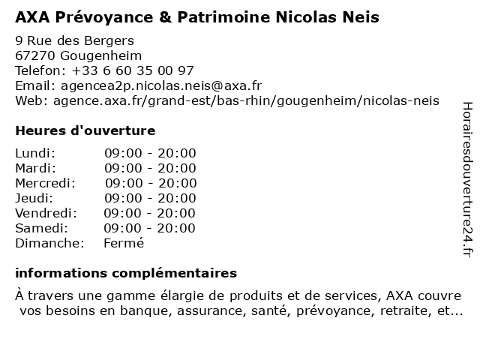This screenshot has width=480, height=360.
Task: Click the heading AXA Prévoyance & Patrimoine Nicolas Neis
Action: pos(197,16)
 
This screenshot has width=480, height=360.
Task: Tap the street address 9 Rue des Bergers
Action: pos(74,40)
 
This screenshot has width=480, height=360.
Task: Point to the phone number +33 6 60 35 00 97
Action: pos(133,70)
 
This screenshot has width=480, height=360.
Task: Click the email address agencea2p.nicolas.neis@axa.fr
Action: pos(160,85)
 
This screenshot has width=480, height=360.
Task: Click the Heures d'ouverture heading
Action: pos(85,130)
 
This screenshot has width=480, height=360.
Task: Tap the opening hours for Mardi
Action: pos(150,168)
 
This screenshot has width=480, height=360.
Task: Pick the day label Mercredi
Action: pos(45,183)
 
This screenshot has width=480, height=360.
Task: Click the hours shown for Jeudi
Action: pos(150,198)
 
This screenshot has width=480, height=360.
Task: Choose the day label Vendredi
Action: pos(46,213)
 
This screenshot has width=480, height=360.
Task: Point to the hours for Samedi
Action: pos(149,228)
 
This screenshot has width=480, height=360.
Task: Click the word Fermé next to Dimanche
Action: pos(124,243)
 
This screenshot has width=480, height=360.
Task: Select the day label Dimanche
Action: pos(49,243)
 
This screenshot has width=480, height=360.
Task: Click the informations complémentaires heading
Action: pos(126,273)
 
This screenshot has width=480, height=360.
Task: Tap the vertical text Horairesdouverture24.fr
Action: pos(466,180)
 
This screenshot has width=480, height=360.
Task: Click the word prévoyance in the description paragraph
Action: pos(338,310)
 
